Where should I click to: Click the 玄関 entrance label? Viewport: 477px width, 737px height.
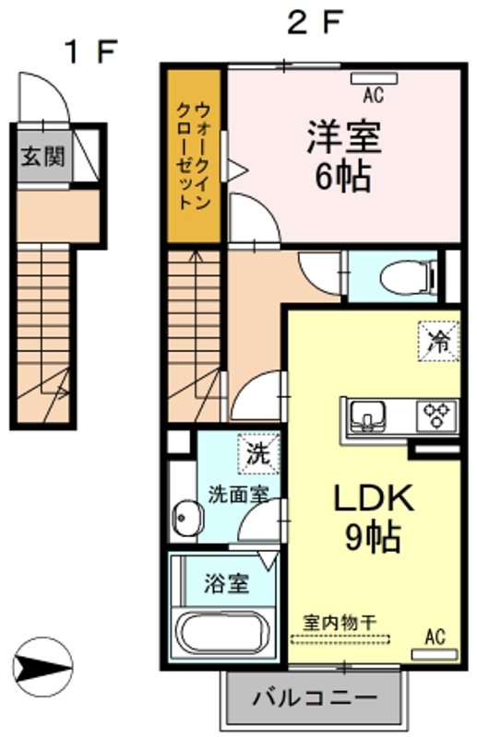pyautogui.click(x=42, y=156)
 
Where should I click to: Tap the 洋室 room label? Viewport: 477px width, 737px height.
pyautogui.click(x=344, y=136)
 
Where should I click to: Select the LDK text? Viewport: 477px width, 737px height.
pyautogui.click(x=374, y=498)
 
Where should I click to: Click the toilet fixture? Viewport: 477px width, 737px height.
pyautogui.click(x=406, y=277)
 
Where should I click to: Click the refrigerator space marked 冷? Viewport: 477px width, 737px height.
pyautogui.click(x=438, y=341)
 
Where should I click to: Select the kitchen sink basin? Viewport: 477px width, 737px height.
pyautogui.click(x=366, y=416)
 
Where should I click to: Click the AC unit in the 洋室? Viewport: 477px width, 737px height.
pyautogui.click(x=374, y=78)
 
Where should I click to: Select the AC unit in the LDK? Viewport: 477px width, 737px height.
pyautogui.click(x=435, y=654)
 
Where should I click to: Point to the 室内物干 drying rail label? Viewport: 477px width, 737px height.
pyautogui.click(x=340, y=623)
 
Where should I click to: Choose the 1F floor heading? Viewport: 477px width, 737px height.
pyautogui.click(x=91, y=52)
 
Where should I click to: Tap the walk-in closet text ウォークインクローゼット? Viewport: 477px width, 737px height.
pyautogui.click(x=193, y=156)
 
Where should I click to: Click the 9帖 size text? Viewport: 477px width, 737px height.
pyautogui.click(x=373, y=536)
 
